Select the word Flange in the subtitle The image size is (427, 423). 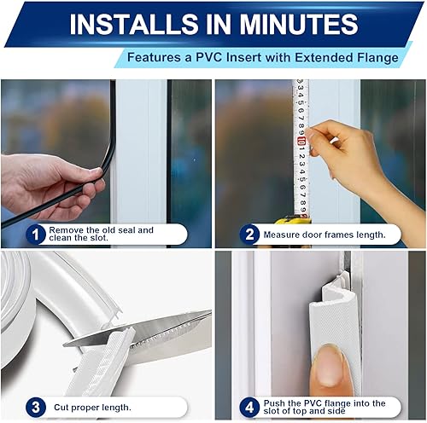[x=373, y=57]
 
